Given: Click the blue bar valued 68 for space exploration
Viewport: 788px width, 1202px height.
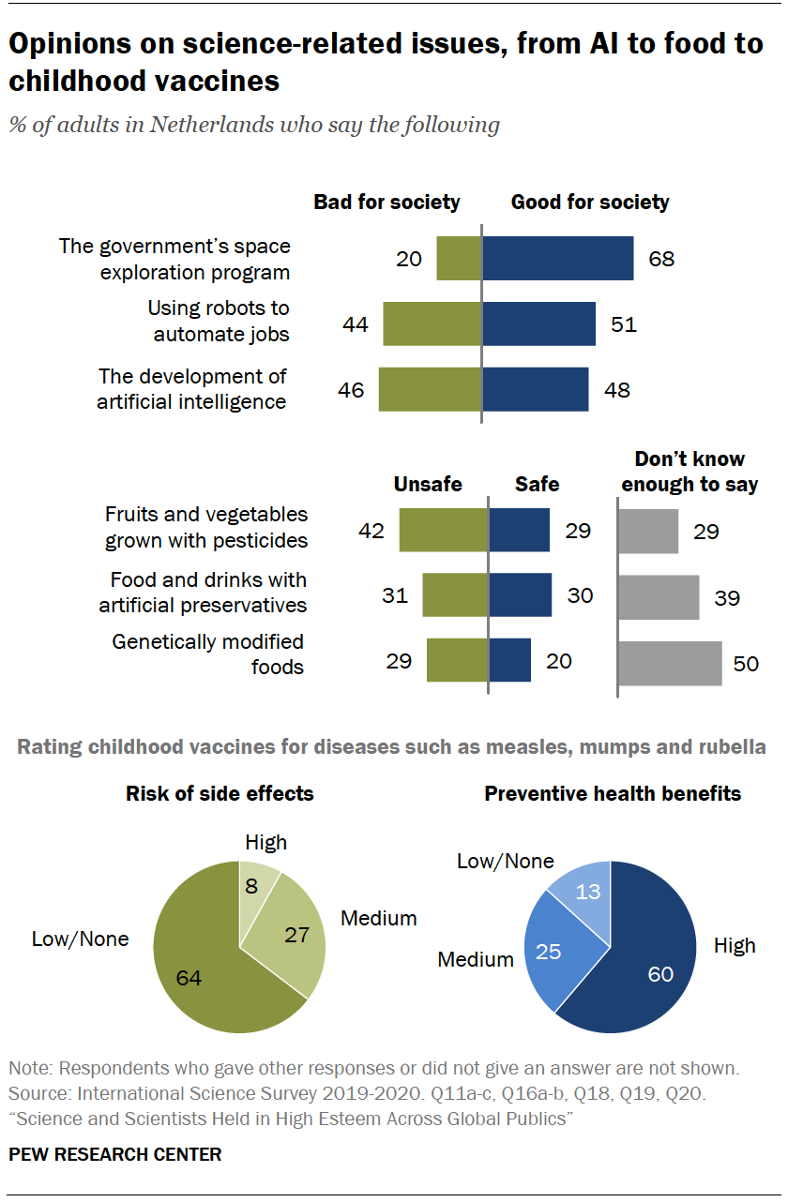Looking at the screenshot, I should coord(557,258).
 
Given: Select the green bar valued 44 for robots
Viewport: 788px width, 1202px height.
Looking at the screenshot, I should coord(432,324).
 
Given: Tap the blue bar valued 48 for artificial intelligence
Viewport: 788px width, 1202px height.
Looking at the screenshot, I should coord(535,389).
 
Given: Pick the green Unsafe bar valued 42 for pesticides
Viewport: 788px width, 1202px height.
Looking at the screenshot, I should coord(444,531).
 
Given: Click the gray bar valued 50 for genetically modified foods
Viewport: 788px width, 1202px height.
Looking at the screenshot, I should coord(670,663).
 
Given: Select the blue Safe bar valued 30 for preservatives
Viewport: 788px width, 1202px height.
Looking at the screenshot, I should coord(520,595).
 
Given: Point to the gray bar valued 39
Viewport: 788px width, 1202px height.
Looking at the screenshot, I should coord(659,597).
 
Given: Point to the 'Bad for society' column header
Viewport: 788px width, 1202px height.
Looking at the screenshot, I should coord(386,202).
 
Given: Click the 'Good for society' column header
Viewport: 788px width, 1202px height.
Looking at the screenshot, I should coord(590,202).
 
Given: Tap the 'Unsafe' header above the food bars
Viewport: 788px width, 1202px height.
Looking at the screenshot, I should coord(428,484).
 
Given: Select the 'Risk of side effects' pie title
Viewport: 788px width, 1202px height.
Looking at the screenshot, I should coord(220,794).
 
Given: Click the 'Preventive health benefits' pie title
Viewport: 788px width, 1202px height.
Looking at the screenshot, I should coord(613,794).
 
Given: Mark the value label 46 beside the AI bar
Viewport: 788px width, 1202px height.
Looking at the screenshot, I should coord(351,390).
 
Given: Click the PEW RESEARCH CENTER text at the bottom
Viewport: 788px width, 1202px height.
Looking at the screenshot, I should coord(115,1154).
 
